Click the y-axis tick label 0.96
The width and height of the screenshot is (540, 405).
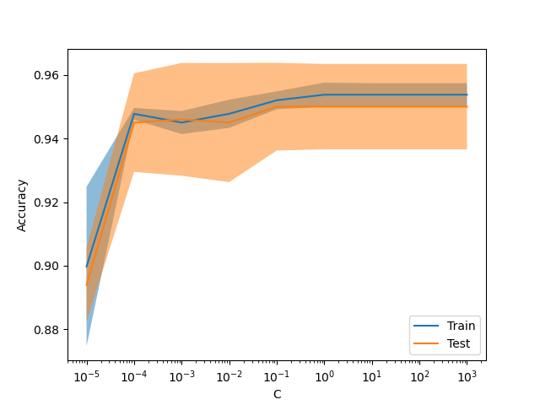tap(49, 76)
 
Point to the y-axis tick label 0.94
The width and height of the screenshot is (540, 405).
tap(49, 139)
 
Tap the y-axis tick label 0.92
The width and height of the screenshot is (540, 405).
tap(49, 202)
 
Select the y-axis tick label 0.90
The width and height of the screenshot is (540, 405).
tap(49, 267)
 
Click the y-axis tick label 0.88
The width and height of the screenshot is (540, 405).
tap(49, 330)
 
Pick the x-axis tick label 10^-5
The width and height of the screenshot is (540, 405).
tap(86, 376)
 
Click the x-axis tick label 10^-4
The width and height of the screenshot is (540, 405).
tap(133, 376)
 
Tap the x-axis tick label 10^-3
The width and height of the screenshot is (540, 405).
tap(181, 376)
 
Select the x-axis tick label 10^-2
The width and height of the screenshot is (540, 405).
tap(229, 376)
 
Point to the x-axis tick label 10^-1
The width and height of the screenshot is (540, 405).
tap(276, 376)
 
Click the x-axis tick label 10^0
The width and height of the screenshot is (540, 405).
tap(324, 376)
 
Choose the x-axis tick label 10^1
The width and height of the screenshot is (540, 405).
tap(371, 376)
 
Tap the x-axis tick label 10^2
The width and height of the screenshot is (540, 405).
tap(419, 376)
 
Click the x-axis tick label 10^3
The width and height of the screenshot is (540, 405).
tap(467, 376)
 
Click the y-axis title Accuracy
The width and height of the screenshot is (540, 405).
tap(22, 205)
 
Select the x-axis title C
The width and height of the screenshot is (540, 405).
tap(277, 394)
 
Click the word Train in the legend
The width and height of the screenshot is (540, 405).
tap(461, 326)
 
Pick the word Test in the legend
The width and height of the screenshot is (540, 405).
tap(458, 344)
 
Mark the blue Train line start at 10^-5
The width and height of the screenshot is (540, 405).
tap(86, 267)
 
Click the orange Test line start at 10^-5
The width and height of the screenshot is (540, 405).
tap(86, 284)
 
